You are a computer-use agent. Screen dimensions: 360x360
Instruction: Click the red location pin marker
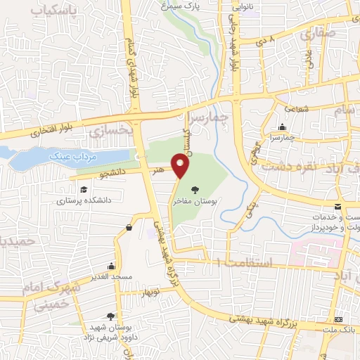181,166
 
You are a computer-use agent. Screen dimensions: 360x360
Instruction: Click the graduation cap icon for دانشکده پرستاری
84,190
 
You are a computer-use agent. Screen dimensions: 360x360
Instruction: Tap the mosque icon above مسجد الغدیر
110,266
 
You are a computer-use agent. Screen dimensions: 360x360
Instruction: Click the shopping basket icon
129,227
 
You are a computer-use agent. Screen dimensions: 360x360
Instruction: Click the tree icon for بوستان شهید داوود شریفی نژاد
110,317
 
